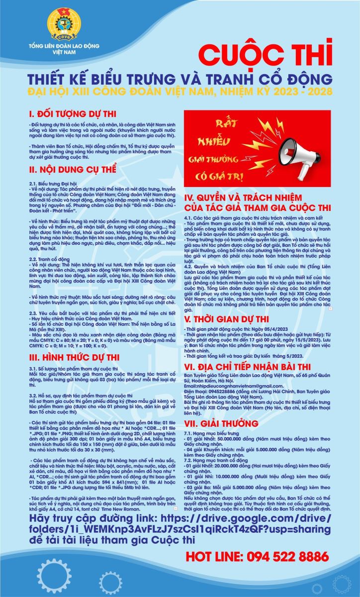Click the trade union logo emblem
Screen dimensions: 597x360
pos(64,25)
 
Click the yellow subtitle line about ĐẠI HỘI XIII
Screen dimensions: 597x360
pos(179,92)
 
